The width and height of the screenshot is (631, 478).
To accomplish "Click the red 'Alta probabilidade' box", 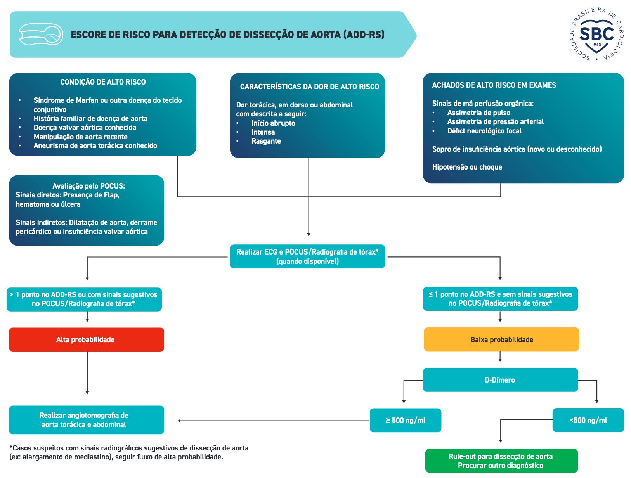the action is pos(86,339).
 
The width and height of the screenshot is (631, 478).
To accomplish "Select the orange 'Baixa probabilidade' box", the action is pos(501,339).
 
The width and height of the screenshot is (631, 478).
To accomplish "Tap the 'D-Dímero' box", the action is pos(500,380).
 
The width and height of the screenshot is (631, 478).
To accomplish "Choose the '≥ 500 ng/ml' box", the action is pos(405,420).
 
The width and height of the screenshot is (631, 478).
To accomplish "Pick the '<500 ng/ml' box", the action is pos(588,420).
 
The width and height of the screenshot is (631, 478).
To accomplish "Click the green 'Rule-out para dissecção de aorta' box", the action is pos(501,461).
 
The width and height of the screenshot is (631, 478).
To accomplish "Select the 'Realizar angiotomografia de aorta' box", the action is pos(86,420).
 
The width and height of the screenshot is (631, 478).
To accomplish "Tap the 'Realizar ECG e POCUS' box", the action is pos(307,256).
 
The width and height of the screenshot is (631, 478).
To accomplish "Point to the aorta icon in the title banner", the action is pos(41,34).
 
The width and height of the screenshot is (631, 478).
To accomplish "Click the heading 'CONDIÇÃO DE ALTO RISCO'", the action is pos(103,82).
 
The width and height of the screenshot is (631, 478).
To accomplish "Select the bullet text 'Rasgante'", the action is pos(266,141).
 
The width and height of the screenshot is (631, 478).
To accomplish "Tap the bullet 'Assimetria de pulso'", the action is pos(478,113).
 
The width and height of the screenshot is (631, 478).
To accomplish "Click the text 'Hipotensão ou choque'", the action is pos(467,167).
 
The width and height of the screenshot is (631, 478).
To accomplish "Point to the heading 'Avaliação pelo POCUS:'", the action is pos(88,186).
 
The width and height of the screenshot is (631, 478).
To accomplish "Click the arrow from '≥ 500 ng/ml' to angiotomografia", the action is pos(273,421).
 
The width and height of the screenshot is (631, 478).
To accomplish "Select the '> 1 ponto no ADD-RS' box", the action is pos(84,299).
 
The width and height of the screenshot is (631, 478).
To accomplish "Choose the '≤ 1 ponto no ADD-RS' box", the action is pos(500,299).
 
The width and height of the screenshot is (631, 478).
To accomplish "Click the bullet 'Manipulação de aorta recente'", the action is pos(80,137).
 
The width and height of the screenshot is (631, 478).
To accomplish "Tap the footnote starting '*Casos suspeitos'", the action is pos(129,452).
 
